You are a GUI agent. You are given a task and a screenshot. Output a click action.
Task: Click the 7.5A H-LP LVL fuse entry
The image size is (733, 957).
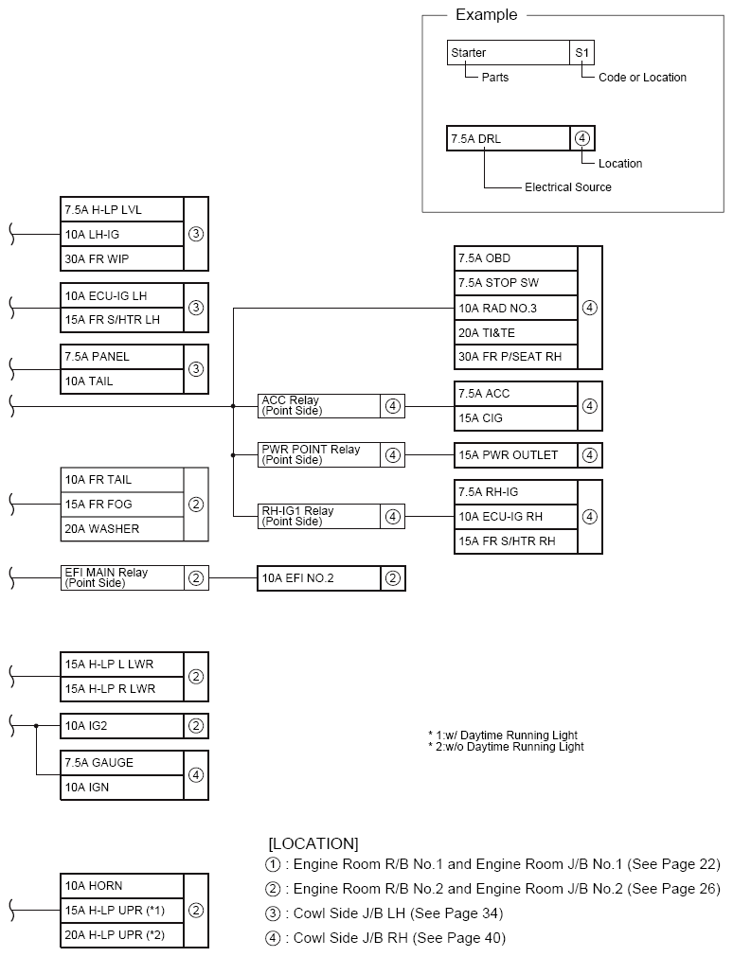(121, 209)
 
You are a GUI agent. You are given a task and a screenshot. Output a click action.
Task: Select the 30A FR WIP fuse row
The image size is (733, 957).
(121, 258)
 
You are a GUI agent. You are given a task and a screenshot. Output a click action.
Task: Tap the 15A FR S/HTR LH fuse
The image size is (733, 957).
(121, 320)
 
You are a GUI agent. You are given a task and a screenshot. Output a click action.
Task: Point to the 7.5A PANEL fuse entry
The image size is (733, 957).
(121, 357)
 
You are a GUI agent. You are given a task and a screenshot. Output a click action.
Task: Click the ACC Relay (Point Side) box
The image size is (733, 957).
(318, 406)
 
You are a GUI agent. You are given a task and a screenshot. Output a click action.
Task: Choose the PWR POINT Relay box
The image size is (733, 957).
(318, 454)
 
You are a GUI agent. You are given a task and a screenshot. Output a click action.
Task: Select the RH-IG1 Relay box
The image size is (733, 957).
(318, 516)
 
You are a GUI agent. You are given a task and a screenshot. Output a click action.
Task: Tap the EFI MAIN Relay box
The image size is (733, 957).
(121, 577)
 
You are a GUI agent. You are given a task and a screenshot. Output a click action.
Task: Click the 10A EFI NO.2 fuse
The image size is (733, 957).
(318, 578)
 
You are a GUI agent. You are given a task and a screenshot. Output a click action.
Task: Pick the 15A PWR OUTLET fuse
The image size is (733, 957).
(515, 455)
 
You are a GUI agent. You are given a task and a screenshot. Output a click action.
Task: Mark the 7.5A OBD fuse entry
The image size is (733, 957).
(515, 258)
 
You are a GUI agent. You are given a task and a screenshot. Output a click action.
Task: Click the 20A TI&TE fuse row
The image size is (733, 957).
(515, 332)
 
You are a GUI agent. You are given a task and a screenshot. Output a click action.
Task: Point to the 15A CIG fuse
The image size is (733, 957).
(515, 418)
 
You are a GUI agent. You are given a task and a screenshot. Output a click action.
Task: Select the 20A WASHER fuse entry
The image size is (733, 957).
(121, 529)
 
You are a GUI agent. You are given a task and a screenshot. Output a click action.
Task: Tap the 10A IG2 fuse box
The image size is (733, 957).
(121, 726)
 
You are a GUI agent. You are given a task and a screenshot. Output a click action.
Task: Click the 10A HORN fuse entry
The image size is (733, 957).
(121, 886)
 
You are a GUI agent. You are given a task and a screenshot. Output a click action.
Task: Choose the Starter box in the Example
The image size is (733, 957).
(508, 53)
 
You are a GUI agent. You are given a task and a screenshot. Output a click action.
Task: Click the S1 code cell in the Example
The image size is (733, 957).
(582, 53)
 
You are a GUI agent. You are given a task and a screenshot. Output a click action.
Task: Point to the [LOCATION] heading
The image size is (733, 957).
(313, 842)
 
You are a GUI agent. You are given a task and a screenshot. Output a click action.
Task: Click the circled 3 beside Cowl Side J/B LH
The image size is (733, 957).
(274, 913)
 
